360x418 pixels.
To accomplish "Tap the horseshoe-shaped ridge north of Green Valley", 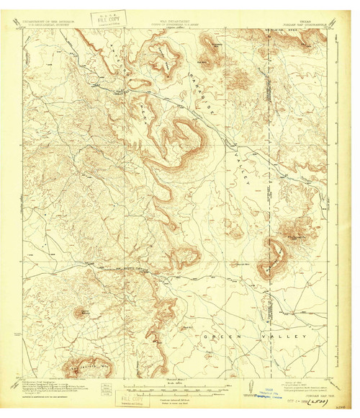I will [274, 256].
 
